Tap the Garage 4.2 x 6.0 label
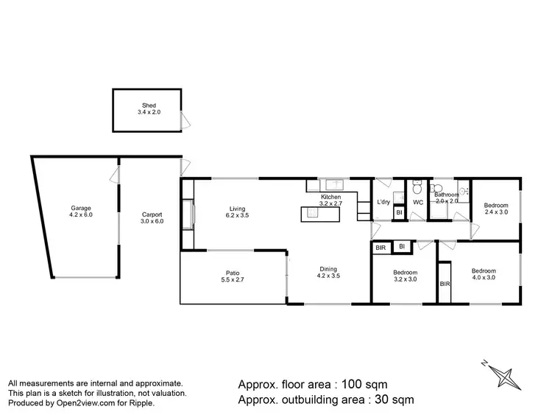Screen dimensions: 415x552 point(80,211)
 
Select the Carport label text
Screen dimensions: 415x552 point(152,218)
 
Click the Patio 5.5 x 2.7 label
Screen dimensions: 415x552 point(232,276)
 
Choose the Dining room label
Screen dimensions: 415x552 point(328,272)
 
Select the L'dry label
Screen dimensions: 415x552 point(383,202)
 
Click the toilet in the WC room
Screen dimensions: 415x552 point(417,186)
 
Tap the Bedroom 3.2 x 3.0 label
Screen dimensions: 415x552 point(404,276)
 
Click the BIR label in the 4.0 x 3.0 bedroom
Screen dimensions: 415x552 point(445,283)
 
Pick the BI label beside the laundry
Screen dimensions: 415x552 point(398,214)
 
